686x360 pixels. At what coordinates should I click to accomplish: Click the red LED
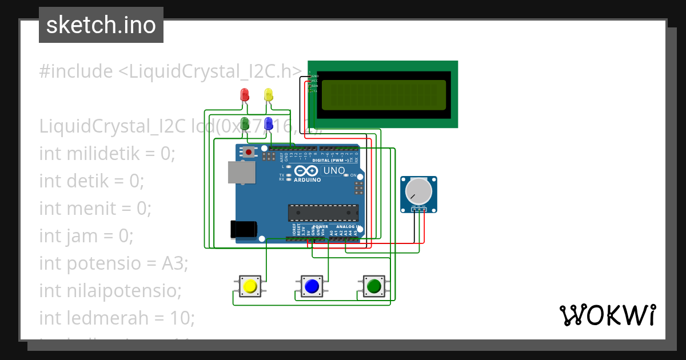pos(245,95)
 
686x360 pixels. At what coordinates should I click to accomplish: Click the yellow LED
pos(268,95)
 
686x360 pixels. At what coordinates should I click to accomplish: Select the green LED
pos(245,123)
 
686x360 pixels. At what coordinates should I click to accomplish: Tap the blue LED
pos(268,123)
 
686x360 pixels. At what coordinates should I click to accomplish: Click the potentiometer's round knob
pos(418,191)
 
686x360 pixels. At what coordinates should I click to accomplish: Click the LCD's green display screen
pos(383,95)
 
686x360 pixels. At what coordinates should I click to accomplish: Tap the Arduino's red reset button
pos(249,152)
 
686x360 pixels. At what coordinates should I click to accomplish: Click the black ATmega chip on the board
pos(323,212)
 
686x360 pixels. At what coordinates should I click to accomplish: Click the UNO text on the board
pos(334,170)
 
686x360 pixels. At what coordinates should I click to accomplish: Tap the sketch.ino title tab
pos(101,25)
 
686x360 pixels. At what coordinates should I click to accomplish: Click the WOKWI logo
pos(607,315)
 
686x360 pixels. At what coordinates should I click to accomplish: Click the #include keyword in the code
pos(76,71)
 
